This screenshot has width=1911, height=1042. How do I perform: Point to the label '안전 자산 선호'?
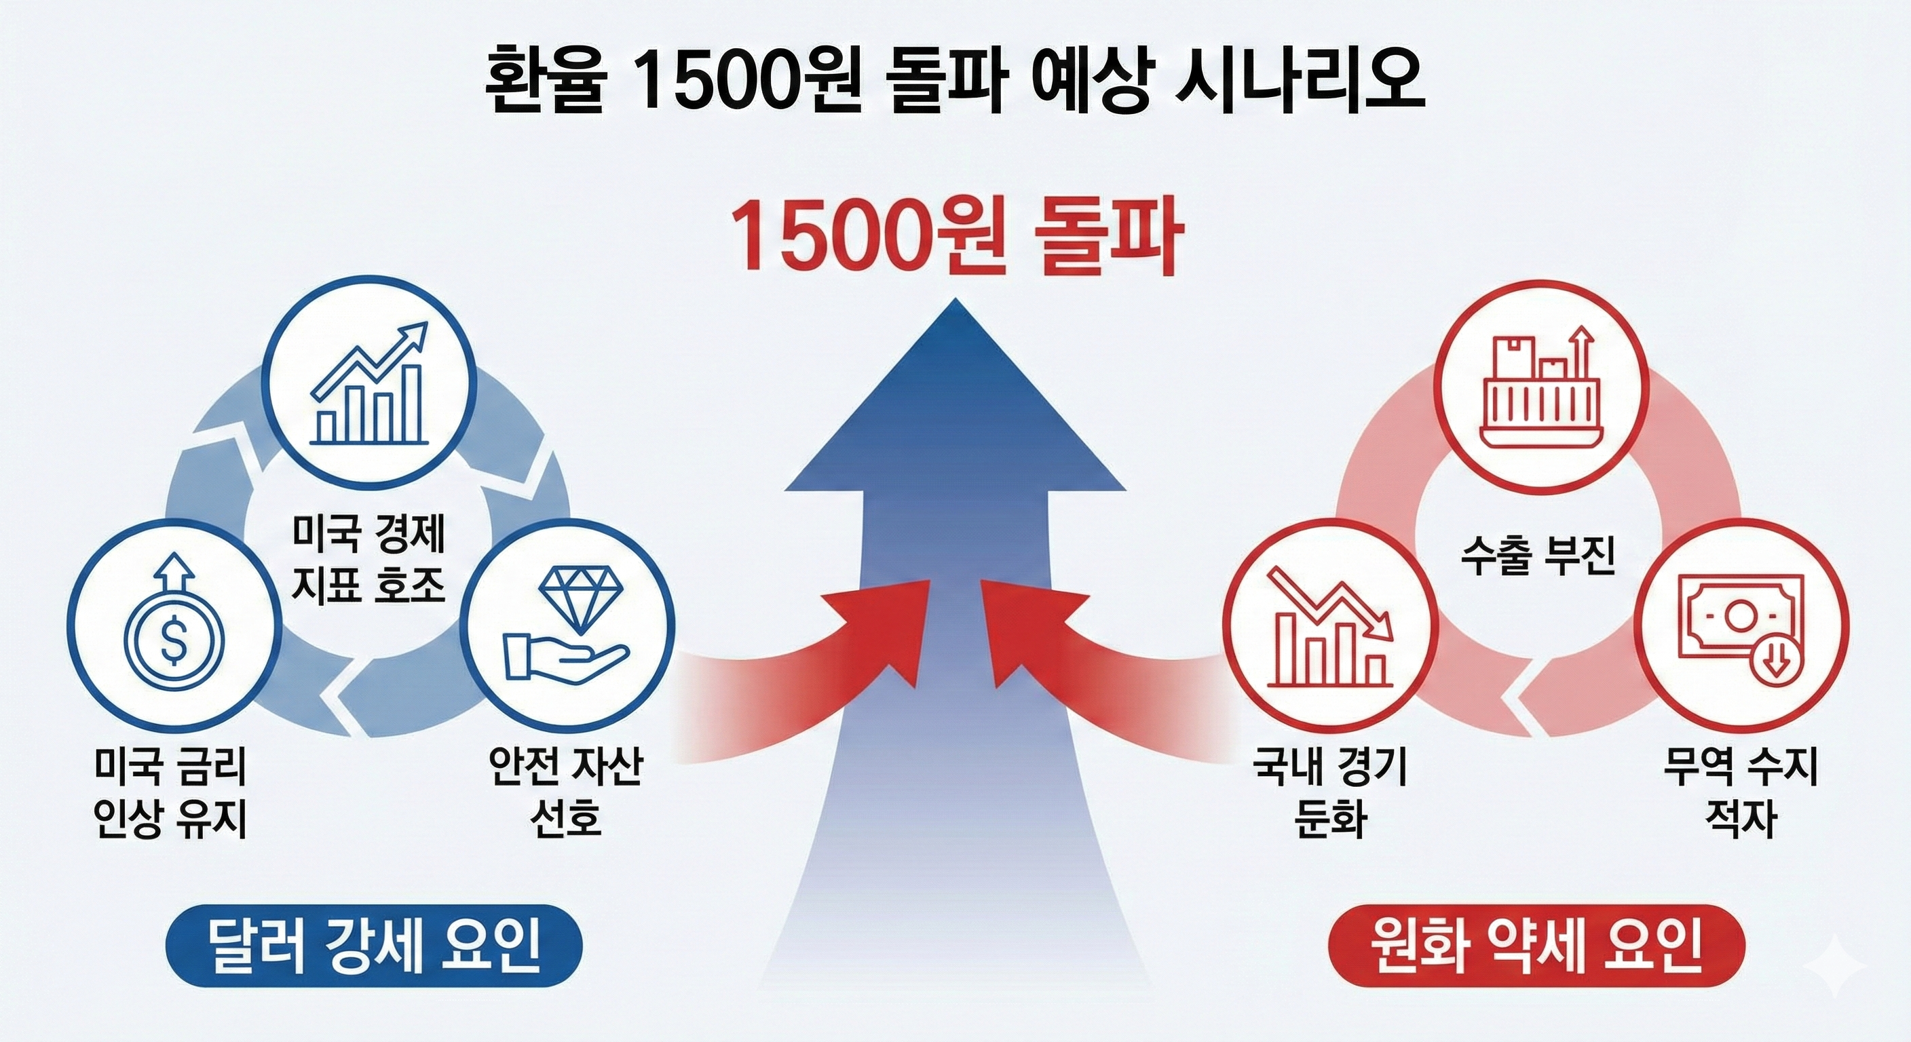point(566,792)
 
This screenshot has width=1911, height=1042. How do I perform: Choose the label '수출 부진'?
point(1538,557)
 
